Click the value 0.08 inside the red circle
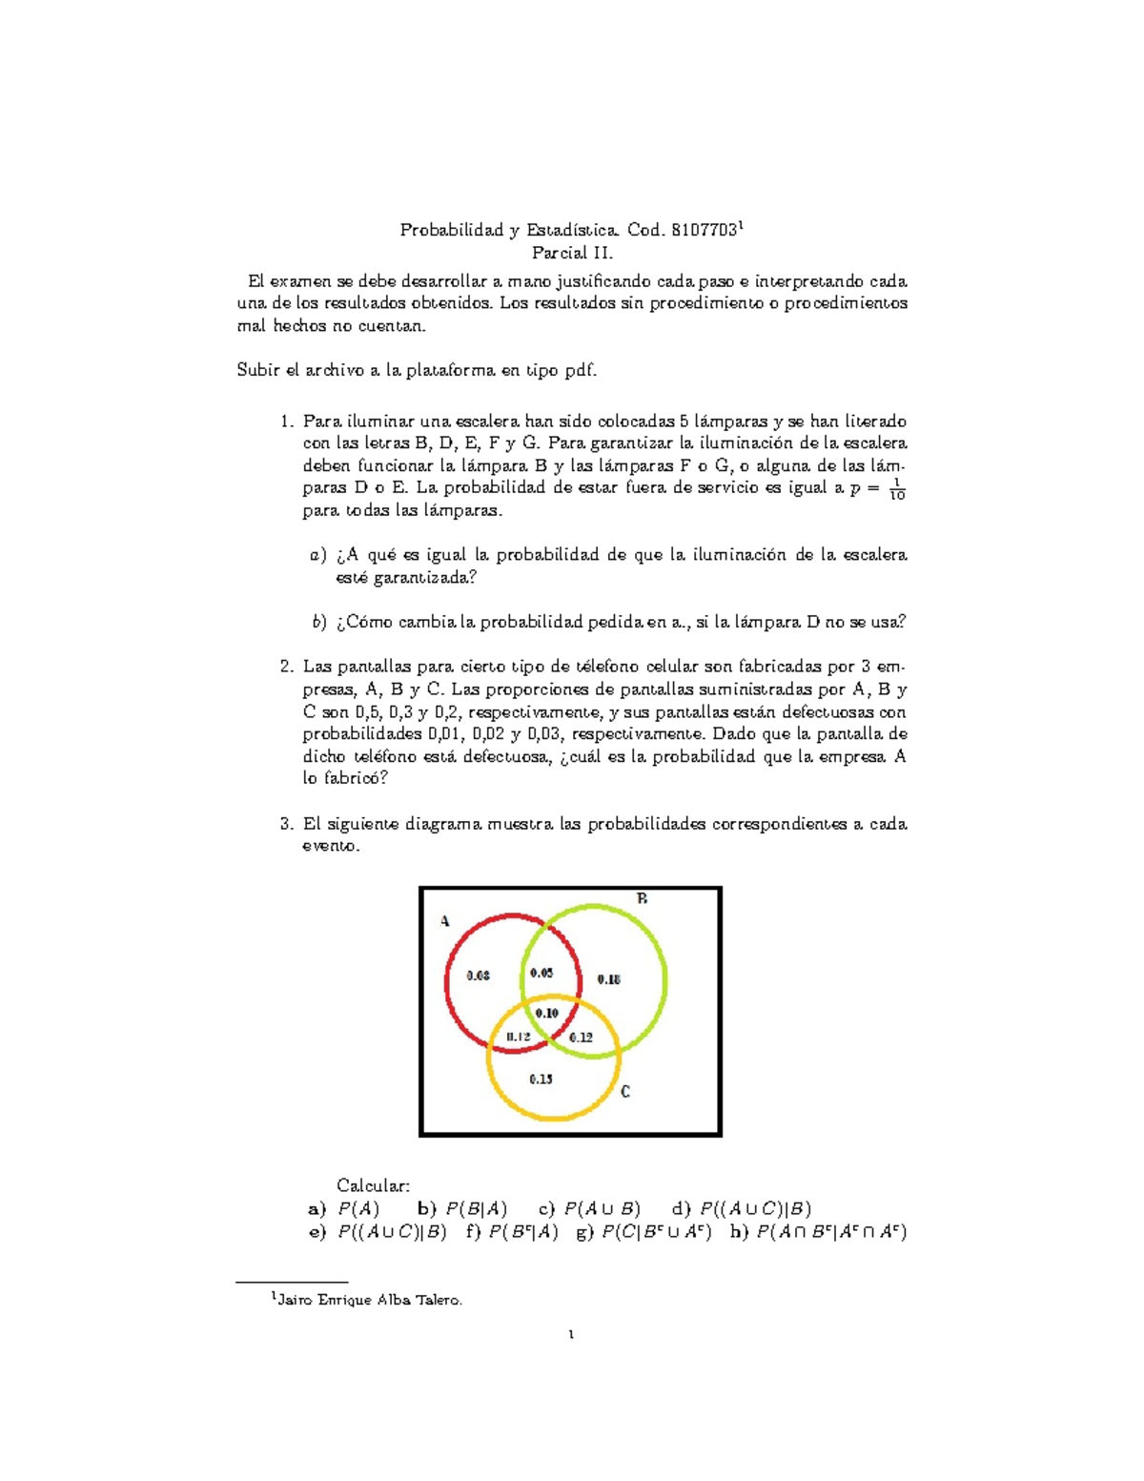(478, 975)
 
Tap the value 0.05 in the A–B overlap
(541, 973)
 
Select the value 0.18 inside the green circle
(608, 979)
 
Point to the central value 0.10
(547, 1013)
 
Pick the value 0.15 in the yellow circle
(541, 1079)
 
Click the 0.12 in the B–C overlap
(581, 1037)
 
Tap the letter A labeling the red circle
(444, 921)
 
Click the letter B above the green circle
(643, 898)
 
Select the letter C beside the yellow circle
(625, 1092)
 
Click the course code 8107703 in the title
(704, 230)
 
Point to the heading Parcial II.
(572, 254)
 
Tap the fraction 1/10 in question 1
(896, 489)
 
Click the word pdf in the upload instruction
(580, 371)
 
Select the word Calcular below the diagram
(373, 1185)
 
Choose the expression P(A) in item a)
(358, 1208)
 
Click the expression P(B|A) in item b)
(477, 1208)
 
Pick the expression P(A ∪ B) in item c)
(602, 1208)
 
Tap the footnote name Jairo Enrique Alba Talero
(369, 1300)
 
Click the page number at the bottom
(571, 1334)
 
